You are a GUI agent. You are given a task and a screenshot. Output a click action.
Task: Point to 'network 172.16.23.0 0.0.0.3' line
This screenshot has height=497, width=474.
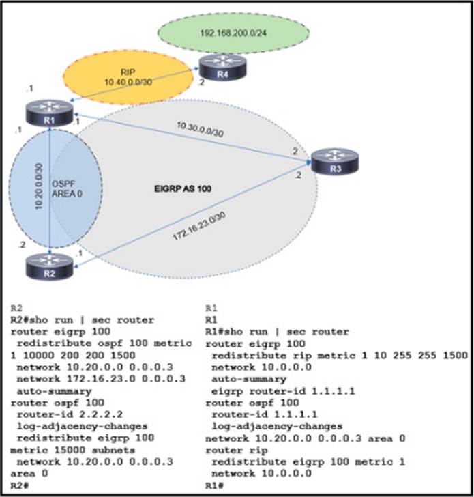[x=86, y=378]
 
